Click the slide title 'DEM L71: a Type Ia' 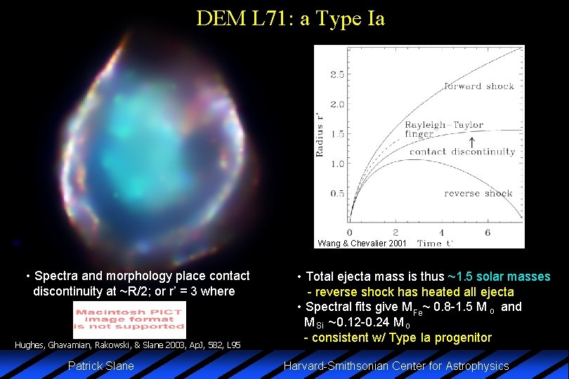[291, 18]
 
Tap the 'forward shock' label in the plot [479, 86]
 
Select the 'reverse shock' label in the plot [479, 193]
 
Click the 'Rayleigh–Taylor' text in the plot [443, 125]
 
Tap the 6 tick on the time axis [488, 232]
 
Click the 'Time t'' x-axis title [435, 243]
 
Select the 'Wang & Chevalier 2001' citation [361, 244]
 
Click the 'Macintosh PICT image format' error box [129, 319]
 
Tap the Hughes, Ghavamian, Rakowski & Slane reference [128, 345]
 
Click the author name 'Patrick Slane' [100, 366]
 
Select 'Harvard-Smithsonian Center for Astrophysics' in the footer [395, 366]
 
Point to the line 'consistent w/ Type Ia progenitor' [397, 338]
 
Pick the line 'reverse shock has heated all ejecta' [410, 292]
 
